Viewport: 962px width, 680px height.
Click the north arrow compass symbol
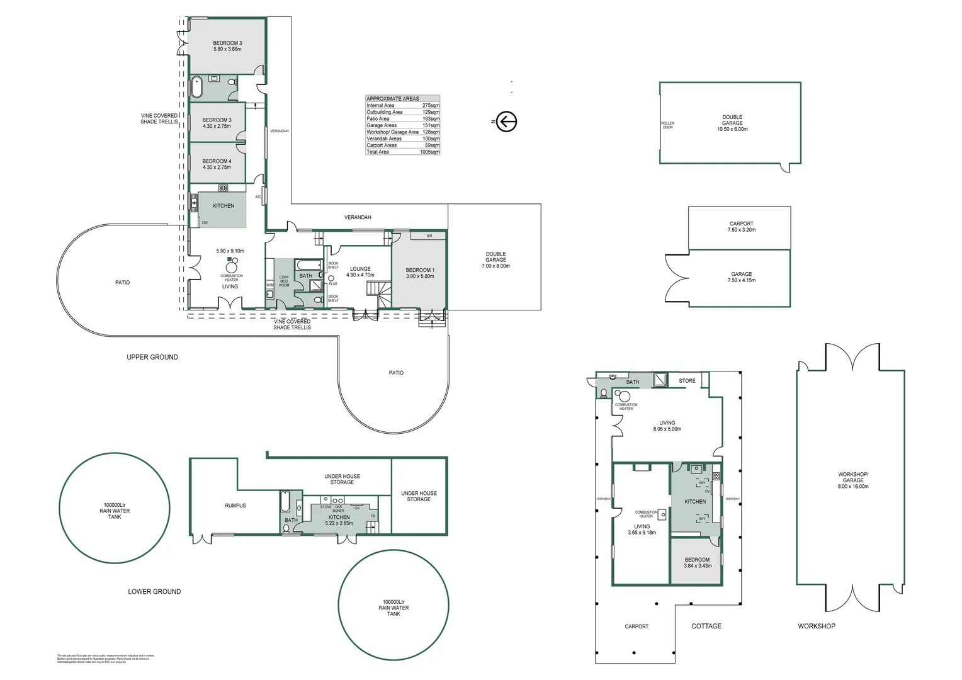tap(506, 122)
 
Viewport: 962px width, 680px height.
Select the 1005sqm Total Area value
tap(429, 152)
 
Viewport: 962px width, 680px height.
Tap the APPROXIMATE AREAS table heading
tap(393, 99)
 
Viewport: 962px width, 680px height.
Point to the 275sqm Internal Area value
tap(431, 106)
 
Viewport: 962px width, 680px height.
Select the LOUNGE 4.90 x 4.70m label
tap(360, 272)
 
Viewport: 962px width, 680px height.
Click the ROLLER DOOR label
tap(667, 125)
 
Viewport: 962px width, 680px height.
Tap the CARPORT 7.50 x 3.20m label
tap(741, 227)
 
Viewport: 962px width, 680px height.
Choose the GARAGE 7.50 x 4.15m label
tap(741, 277)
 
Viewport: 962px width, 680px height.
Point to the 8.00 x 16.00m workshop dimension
tap(852, 487)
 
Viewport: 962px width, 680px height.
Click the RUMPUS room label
tap(235, 506)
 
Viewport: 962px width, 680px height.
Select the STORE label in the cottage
tap(687, 381)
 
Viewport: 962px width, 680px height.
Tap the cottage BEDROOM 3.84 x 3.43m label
tap(697, 562)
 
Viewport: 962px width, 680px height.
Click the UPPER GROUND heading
tap(152, 357)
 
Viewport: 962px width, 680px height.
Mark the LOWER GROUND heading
tap(154, 592)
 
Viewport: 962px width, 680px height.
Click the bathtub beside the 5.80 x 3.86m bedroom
tap(196, 87)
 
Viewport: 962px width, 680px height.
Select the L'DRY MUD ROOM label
tap(284, 281)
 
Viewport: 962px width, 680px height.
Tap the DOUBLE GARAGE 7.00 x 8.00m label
tap(495, 260)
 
